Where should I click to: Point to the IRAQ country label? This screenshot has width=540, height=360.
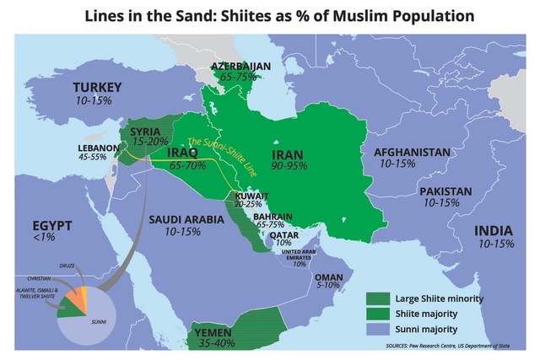pyautogui.click(x=182, y=153)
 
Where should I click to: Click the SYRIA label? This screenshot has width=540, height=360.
pyautogui.click(x=145, y=131)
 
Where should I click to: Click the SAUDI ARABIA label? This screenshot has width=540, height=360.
pyautogui.click(x=183, y=218)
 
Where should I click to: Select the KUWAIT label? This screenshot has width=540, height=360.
pyautogui.click(x=252, y=195)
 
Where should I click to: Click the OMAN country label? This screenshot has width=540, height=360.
pyautogui.click(x=328, y=276)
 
